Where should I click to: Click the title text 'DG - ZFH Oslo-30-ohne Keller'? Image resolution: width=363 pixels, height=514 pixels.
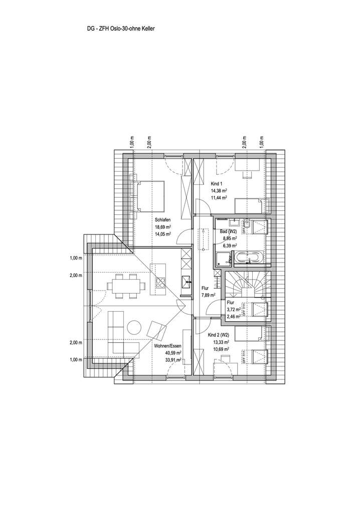click(121, 29)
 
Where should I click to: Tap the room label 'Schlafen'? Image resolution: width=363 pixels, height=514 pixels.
click(163, 220)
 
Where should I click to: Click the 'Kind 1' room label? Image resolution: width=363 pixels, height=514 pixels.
click(217, 184)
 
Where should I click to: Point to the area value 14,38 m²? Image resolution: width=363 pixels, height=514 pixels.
click(219, 191)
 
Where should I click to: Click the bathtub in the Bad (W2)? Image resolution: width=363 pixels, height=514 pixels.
click(248, 258)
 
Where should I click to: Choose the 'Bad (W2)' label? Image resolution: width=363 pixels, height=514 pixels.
click(229, 231)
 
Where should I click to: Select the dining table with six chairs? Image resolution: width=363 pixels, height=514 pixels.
click(125, 286)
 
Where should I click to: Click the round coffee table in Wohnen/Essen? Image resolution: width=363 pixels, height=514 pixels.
click(134, 327)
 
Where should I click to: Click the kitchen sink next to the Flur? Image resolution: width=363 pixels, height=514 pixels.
click(186, 282)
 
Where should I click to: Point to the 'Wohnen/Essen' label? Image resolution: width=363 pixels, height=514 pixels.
click(167, 346)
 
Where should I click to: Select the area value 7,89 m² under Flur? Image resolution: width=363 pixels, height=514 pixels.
click(208, 296)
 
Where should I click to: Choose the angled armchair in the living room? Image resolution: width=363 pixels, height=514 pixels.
click(156, 331)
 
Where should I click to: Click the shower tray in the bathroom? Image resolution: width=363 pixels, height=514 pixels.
click(222, 259)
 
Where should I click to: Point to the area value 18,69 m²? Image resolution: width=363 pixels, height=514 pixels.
click(163, 227)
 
